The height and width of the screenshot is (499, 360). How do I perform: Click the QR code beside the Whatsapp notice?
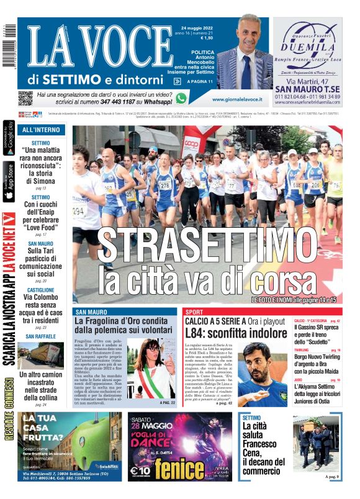(x=25, y=98)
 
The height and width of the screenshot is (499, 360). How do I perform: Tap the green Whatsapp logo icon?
(x=181, y=98)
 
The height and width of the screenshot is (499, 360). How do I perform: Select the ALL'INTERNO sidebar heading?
(x=41, y=130)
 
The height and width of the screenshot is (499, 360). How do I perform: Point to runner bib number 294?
(x=78, y=211)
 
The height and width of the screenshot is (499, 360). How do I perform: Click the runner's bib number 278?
(x=164, y=185)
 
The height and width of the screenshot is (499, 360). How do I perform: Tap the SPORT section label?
(x=194, y=312)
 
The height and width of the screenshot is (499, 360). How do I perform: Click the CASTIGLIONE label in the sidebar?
(x=41, y=290)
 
